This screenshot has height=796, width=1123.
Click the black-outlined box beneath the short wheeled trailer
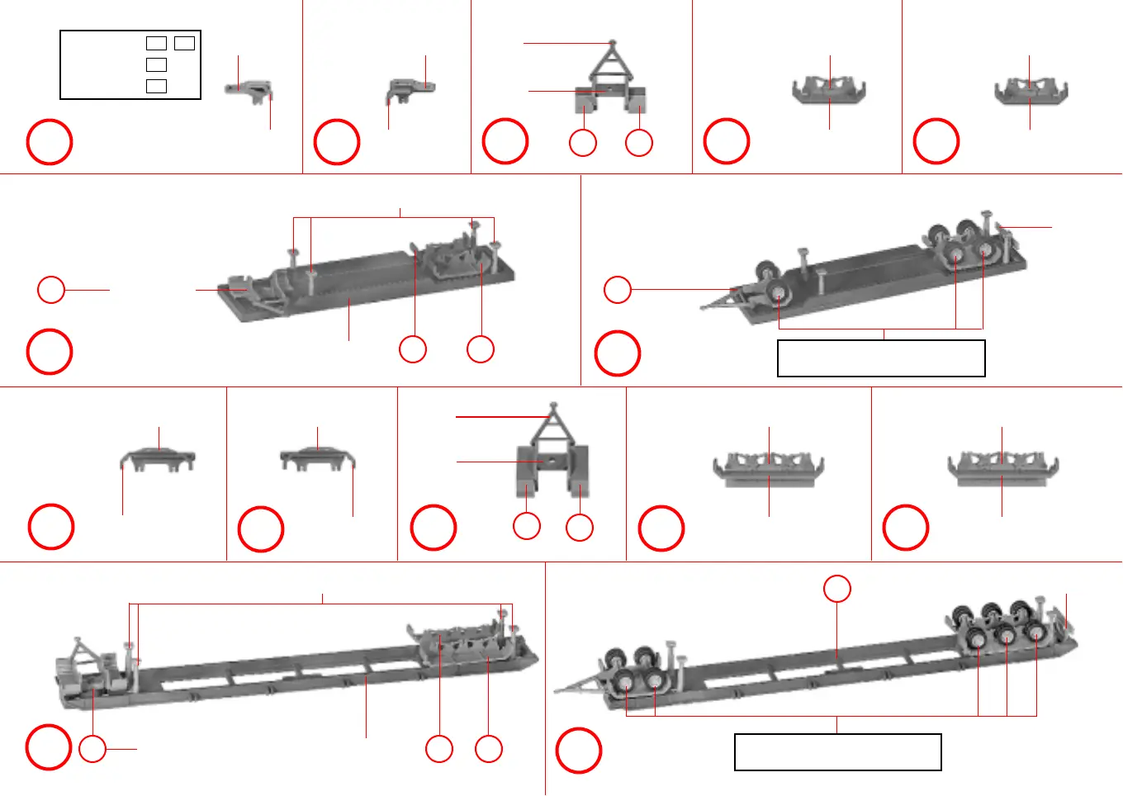tap(881, 358)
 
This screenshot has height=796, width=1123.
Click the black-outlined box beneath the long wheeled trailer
tap(837, 752)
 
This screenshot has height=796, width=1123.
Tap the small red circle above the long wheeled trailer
tap(837, 589)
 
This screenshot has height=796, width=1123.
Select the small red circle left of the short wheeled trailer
tap(618, 290)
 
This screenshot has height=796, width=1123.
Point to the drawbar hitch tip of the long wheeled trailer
tap(556, 690)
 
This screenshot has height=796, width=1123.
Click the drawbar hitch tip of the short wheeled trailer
tap(703, 308)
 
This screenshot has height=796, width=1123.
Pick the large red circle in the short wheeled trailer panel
tap(618, 353)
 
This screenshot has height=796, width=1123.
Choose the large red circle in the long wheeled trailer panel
tap(578, 751)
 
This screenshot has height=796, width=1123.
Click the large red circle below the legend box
tap(50, 142)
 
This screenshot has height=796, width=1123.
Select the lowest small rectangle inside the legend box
tap(156, 86)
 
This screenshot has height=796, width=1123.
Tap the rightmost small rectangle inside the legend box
tap(184, 43)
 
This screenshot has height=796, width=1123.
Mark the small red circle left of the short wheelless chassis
tap(51, 290)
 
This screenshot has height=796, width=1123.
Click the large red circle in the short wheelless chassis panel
tap(50, 352)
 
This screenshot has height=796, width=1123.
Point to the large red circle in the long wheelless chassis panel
tap(49, 747)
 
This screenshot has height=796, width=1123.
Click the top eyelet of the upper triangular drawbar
tap(612, 42)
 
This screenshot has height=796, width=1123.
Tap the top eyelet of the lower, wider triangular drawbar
tap(553, 405)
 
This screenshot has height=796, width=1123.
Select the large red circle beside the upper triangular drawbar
tap(505, 141)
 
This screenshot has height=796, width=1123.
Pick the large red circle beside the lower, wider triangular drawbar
tap(434, 528)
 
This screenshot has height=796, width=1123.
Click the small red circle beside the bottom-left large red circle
tap(92, 749)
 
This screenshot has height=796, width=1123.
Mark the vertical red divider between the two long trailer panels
tap(545, 677)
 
